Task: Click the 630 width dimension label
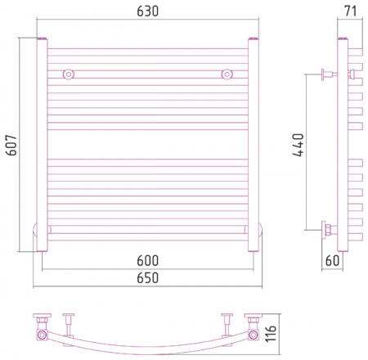pyautogui.click(x=147, y=11)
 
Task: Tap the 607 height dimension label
pyautogui.click(x=11, y=145)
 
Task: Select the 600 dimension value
pyautogui.click(x=147, y=261)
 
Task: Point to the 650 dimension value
pyautogui.click(x=147, y=278)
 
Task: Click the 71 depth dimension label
pyautogui.click(x=351, y=11)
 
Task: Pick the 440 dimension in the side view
pyautogui.click(x=298, y=145)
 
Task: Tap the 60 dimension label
pyautogui.click(x=332, y=260)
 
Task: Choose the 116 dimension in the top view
pyautogui.click(x=271, y=333)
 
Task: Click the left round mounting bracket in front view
pyautogui.click(x=69, y=74)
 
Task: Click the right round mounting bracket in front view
pyautogui.click(x=227, y=74)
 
